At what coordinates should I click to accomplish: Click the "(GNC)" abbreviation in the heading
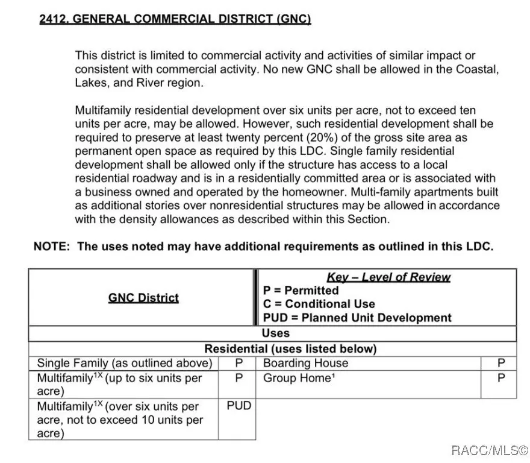(294, 19)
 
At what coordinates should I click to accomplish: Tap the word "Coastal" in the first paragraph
(476, 69)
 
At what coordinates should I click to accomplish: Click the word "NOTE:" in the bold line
(53, 247)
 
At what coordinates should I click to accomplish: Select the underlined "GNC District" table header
(143, 298)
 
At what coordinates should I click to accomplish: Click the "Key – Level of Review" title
(388, 277)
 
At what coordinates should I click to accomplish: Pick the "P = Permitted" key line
(301, 291)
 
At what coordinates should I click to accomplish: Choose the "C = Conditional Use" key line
(319, 304)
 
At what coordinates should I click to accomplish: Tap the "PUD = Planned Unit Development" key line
(357, 318)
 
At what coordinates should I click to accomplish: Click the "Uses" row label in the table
(275, 333)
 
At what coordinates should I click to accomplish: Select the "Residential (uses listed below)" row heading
(290, 349)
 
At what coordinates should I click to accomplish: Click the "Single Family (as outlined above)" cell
(125, 364)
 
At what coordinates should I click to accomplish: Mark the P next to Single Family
(239, 364)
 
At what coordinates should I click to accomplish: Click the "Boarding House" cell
(305, 364)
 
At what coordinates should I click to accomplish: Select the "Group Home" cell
(298, 379)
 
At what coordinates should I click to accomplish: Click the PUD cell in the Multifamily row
(239, 406)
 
